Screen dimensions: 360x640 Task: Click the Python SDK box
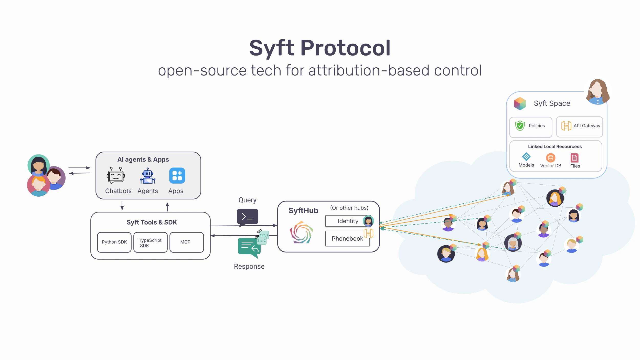point(114,242)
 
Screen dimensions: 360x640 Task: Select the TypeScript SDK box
point(150,242)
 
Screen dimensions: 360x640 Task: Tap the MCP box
point(187,242)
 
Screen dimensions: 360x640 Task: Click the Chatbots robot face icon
point(116,176)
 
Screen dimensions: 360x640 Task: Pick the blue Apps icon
point(177,176)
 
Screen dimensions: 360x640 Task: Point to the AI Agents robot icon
point(148,176)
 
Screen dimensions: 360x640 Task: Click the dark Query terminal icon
point(247,217)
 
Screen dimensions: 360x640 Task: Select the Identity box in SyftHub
point(348,221)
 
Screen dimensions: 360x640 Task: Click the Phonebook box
point(347,239)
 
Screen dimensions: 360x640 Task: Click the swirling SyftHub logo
point(301,232)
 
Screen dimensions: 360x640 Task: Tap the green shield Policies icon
point(520,126)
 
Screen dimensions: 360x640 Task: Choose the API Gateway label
point(587,126)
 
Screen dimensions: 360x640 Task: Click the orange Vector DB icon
point(550,158)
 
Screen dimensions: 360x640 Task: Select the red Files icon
point(574,158)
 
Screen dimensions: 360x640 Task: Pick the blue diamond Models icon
point(526,156)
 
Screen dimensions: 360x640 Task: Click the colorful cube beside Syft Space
point(520,103)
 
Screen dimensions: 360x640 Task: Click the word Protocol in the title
point(345,48)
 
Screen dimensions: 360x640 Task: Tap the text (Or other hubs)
point(349,208)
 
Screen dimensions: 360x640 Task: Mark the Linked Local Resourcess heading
point(555,146)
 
